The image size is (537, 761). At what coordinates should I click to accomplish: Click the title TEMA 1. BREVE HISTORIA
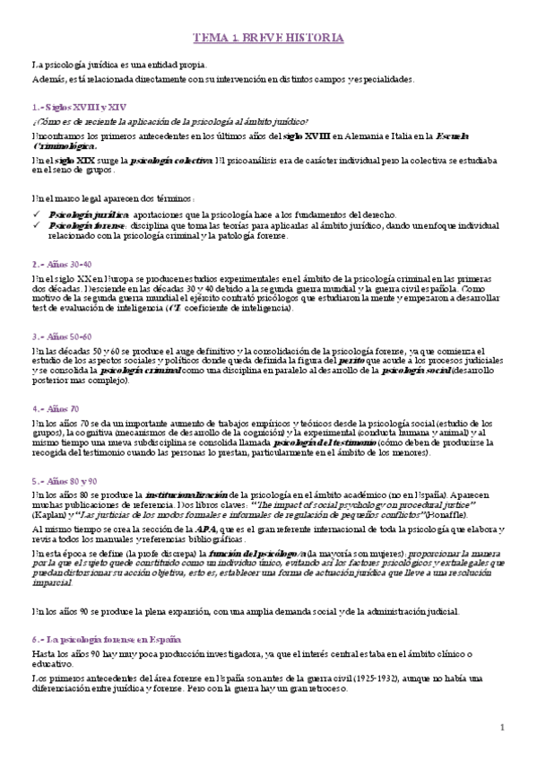point(268,38)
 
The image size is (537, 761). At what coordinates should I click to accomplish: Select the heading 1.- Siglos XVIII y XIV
point(68,107)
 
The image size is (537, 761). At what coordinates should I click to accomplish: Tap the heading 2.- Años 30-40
point(61,265)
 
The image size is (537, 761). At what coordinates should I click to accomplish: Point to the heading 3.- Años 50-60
point(61,335)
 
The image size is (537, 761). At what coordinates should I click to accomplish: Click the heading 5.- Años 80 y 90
point(65,480)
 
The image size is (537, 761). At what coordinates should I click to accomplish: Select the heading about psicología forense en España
point(94,642)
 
